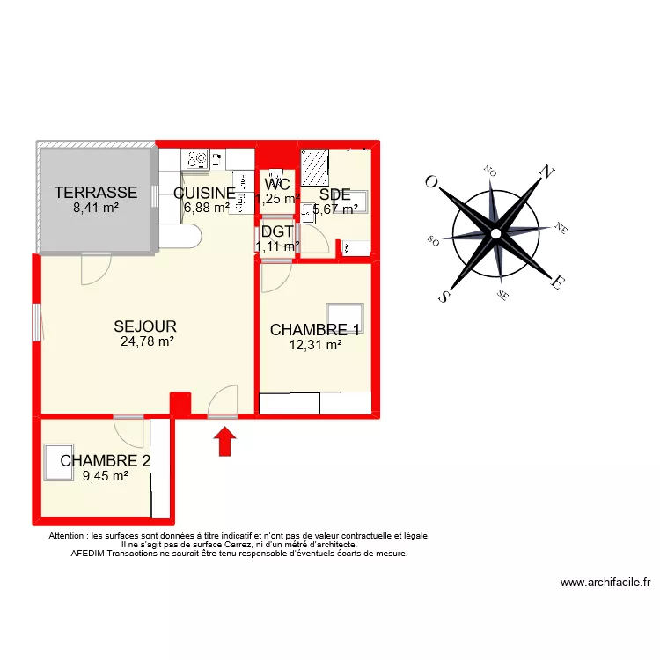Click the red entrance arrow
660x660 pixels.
pyautogui.click(x=225, y=441)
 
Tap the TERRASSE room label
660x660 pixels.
pyautogui.click(x=96, y=193)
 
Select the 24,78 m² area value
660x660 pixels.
pyautogui.click(x=147, y=342)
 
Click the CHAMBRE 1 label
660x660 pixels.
pyautogui.click(x=315, y=330)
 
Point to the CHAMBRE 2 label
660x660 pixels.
pyautogui.click(x=106, y=461)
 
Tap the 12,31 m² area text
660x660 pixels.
pyautogui.click(x=315, y=346)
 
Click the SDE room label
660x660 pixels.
pyautogui.click(x=335, y=194)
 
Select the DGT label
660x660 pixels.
pyautogui.click(x=277, y=232)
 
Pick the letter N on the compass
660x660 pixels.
pyautogui.click(x=546, y=172)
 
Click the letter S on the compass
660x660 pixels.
pyautogui.click(x=445, y=297)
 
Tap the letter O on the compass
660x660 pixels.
pyautogui.click(x=431, y=181)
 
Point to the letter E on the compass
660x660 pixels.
pyautogui.click(x=557, y=283)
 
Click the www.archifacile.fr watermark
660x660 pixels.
pyautogui.click(x=605, y=583)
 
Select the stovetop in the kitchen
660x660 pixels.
pyautogui.click(x=197, y=159)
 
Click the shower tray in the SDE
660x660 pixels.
pyautogui.click(x=315, y=166)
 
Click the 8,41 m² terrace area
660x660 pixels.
pyautogui.click(x=96, y=209)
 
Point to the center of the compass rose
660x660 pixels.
pyautogui.click(x=495, y=234)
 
